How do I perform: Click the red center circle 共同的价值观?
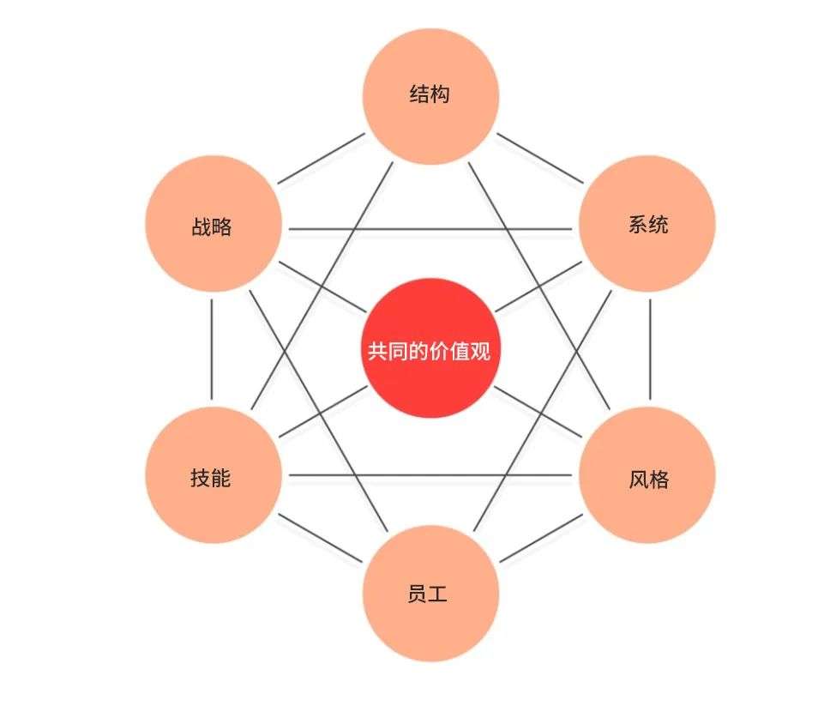[x=430, y=351]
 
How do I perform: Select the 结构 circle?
[x=430, y=94]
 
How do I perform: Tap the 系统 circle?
[x=647, y=225]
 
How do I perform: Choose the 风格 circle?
[x=647, y=477]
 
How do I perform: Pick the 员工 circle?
[x=430, y=594]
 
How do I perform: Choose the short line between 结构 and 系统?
[x=540, y=159]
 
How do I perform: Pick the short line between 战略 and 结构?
[x=321, y=159]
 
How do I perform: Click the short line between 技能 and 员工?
[x=321, y=539]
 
